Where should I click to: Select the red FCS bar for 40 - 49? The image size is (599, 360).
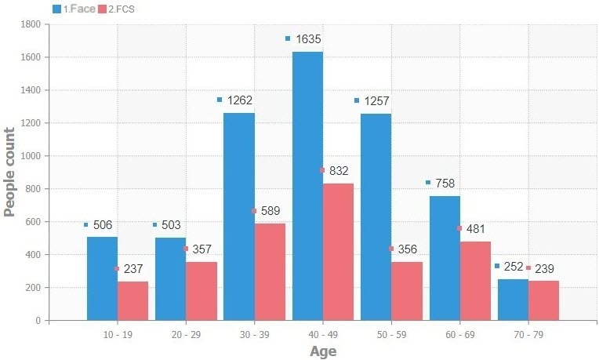click(x=338, y=252)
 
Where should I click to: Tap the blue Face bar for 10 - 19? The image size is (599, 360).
click(x=102, y=278)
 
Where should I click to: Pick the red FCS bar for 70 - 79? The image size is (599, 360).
click(x=543, y=300)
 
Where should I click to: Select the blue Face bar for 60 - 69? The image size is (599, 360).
click(x=445, y=258)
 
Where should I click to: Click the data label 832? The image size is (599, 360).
click(x=339, y=170)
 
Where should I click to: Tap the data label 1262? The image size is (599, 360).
click(x=239, y=100)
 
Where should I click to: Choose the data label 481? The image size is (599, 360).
click(x=476, y=229)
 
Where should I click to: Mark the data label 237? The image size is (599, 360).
click(x=133, y=269)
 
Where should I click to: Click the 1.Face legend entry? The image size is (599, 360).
click(x=74, y=9)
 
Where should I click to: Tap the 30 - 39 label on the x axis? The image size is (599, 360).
click(x=254, y=333)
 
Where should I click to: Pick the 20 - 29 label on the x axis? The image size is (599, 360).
click(x=186, y=333)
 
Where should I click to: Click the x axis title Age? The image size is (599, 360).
click(x=323, y=351)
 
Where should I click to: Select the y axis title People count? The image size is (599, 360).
click(x=10, y=171)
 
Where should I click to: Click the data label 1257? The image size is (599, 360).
click(x=376, y=101)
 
